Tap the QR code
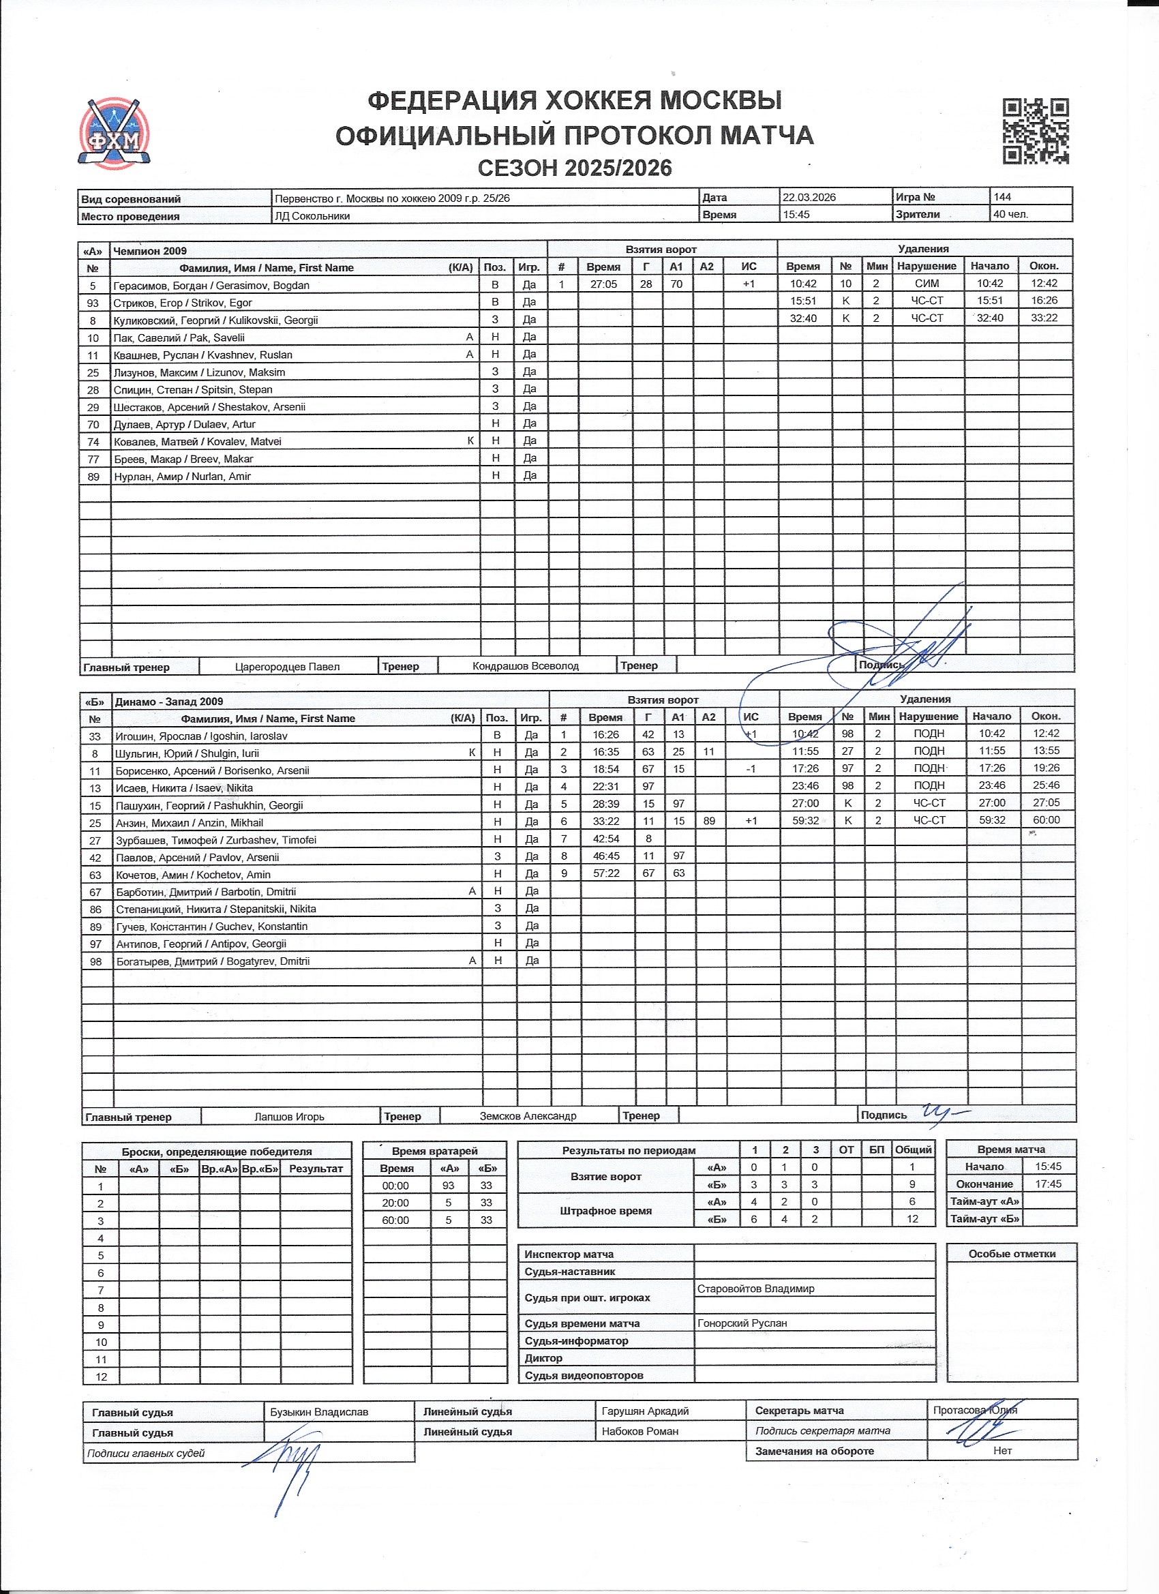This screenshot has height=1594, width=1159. [1035, 132]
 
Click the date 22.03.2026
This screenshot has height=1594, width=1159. [809, 198]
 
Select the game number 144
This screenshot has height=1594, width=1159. [1002, 197]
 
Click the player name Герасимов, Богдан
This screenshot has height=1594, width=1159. [211, 286]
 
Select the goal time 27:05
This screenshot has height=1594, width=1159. [604, 284]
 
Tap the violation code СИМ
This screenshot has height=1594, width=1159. [927, 283]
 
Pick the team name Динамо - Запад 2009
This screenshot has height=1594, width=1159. [168, 702]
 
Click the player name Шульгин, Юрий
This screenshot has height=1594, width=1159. [187, 753]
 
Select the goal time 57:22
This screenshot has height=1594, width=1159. [605, 873]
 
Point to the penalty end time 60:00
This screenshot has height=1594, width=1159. [1046, 820]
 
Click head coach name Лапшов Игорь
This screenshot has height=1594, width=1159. [289, 1117]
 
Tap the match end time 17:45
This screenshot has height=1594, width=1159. [1048, 1184]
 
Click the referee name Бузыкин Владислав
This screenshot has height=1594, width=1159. [318, 1412]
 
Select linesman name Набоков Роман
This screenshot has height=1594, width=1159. [639, 1431]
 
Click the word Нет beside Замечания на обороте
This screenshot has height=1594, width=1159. [1002, 1451]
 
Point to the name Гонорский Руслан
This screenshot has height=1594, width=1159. [742, 1323]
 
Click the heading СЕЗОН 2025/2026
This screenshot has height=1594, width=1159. [574, 168]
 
